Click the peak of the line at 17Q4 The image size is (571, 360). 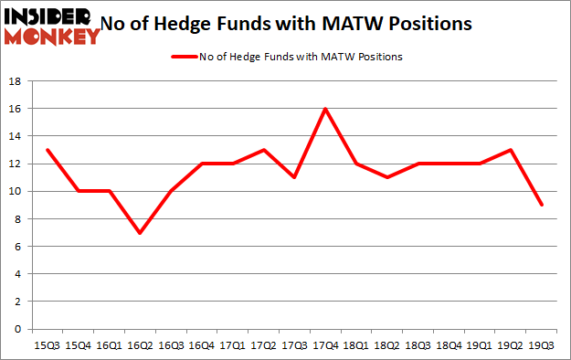click(x=325, y=109)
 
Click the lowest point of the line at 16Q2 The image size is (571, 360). click(x=140, y=232)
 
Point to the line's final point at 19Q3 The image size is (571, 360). click(x=543, y=205)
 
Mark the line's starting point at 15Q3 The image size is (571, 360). click(x=47, y=150)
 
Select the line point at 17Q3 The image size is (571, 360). click(x=294, y=177)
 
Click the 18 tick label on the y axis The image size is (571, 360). click(x=16, y=81)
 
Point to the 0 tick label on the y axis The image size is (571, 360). click(x=18, y=329)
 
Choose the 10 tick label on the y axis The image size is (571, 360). click(x=16, y=191)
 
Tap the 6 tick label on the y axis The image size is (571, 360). click(x=18, y=247)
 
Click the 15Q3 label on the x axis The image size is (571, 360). click(x=47, y=345)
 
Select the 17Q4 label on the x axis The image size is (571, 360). click(x=325, y=345)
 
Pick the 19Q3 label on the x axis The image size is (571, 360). click(x=543, y=345)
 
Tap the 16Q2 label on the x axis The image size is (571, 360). click(x=140, y=345)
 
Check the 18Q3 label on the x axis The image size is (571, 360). click(x=418, y=345)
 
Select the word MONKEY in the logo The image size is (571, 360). click(x=53, y=37)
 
